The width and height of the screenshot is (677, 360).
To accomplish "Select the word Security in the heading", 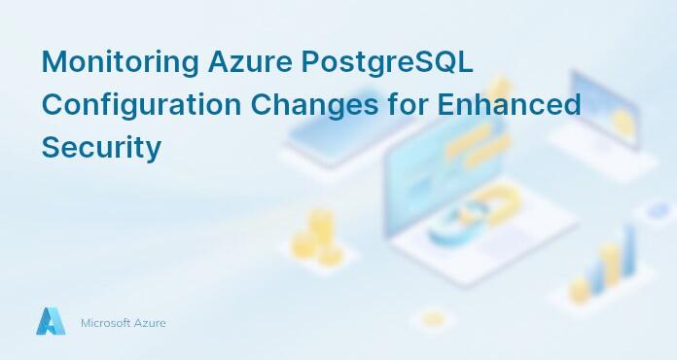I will click(x=100, y=148).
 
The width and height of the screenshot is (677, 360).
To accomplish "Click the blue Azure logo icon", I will click(x=51, y=322).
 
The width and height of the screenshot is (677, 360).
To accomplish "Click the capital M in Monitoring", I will click(x=53, y=61).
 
